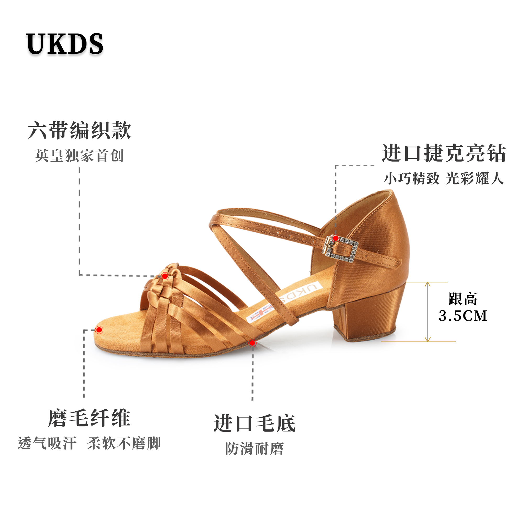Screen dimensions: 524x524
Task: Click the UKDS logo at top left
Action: (x=64, y=44)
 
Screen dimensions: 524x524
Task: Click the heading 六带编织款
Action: (x=80, y=131)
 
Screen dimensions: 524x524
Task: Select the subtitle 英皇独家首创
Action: (x=79, y=156)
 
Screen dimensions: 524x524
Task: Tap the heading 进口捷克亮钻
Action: (x=444, y=154)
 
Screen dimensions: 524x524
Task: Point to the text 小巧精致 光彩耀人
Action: (x=444, y=178)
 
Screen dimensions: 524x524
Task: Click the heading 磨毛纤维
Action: (x=89, y=418)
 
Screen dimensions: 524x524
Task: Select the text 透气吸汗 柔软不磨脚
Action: (x=89, y=443)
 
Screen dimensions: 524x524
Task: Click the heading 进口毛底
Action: (x=254, y=423)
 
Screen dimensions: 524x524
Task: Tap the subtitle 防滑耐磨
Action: (x=254, y=449)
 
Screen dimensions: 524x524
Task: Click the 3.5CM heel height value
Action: (x=463, y=316)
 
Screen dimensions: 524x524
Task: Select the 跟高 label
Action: (x=463, y=299)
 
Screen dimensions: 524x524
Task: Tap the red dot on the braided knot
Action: (x=165, y=276)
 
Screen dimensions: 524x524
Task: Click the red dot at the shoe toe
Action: (x=99, y=330)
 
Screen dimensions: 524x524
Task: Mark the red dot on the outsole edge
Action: (x=252, y=343)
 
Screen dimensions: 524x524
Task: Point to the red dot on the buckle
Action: (x=336, y=238)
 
